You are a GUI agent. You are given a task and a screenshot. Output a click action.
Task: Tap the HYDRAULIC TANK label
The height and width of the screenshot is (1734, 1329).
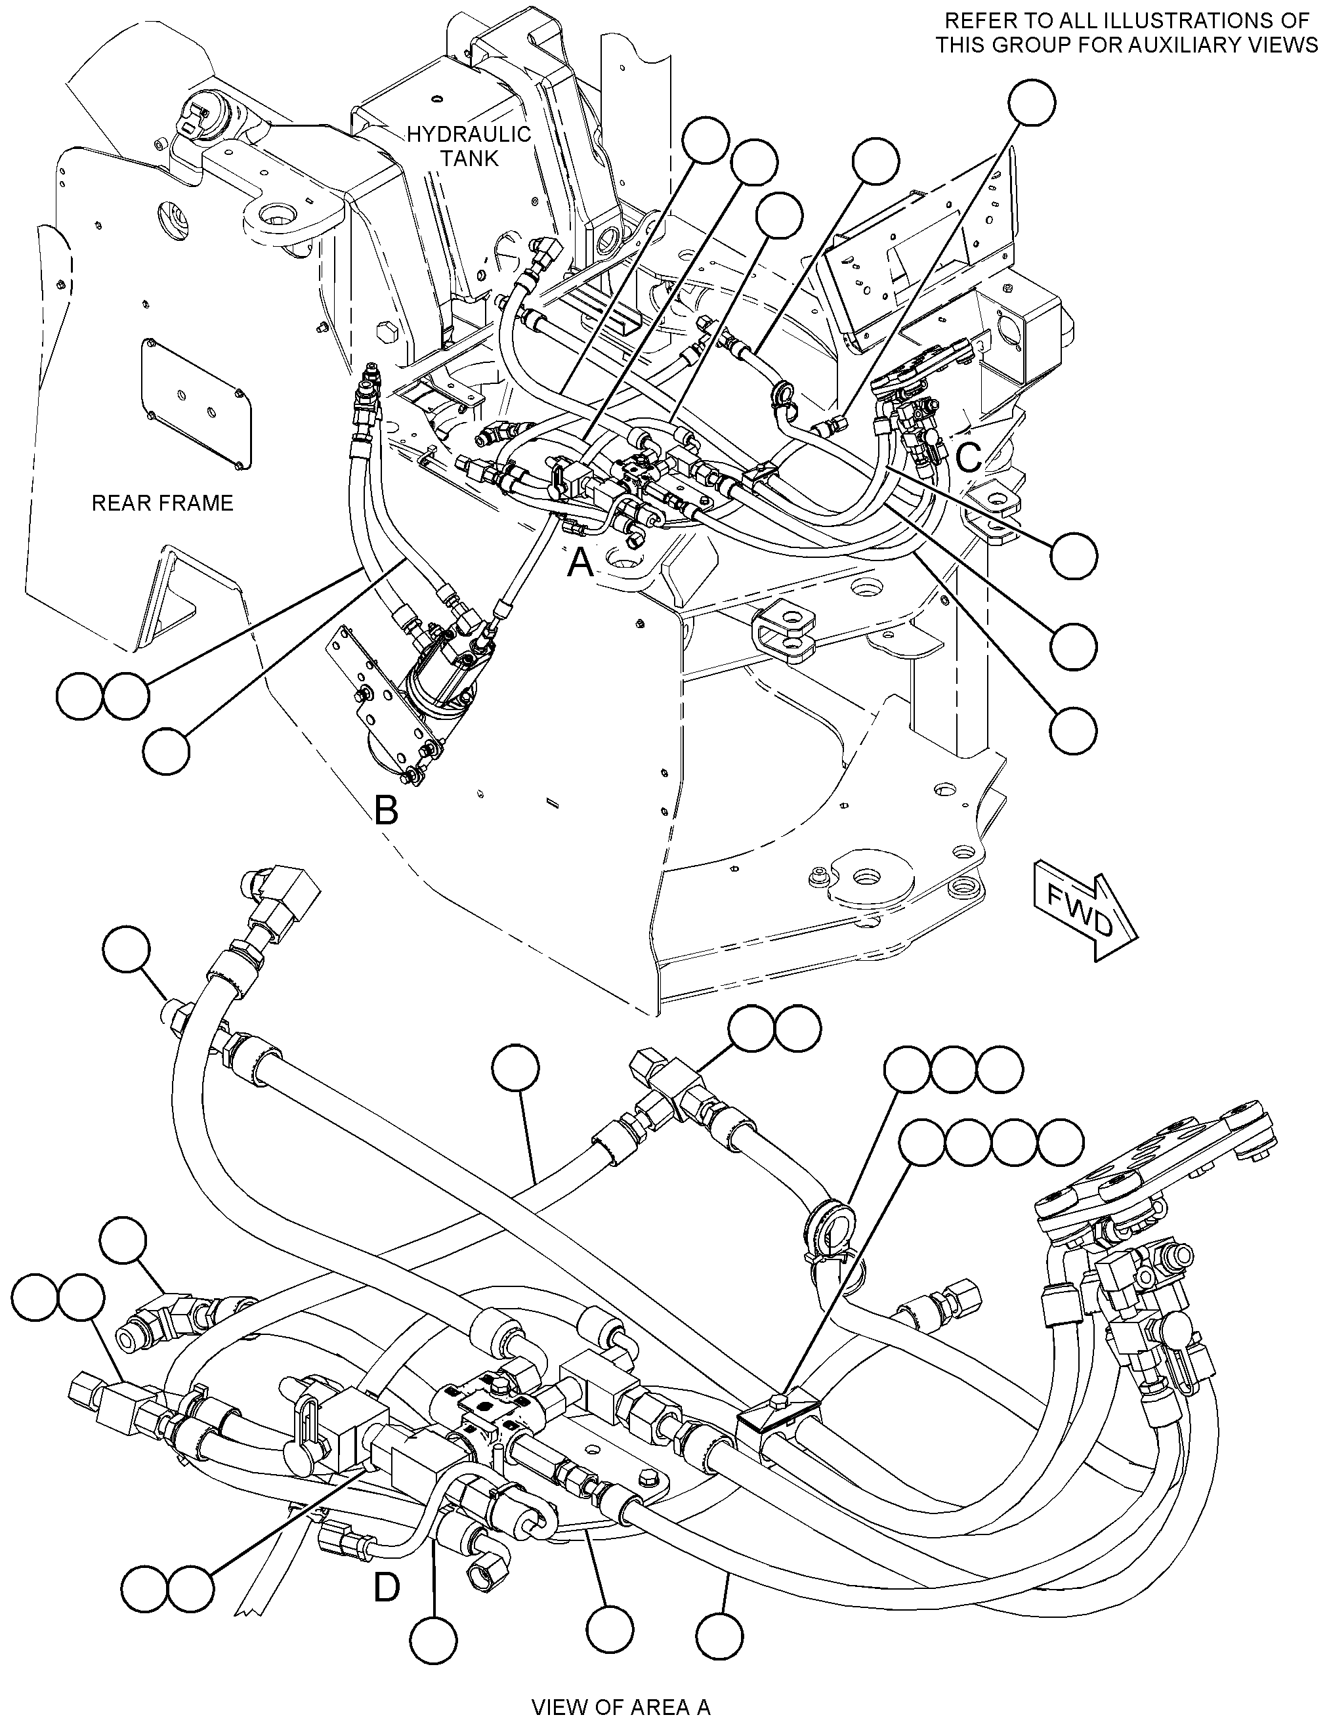tap(469, 146)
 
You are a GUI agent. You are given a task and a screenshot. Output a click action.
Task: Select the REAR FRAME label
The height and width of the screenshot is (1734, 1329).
tap(162, 503)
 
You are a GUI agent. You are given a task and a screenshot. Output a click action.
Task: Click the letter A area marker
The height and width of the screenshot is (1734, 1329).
tap(581, 563)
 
